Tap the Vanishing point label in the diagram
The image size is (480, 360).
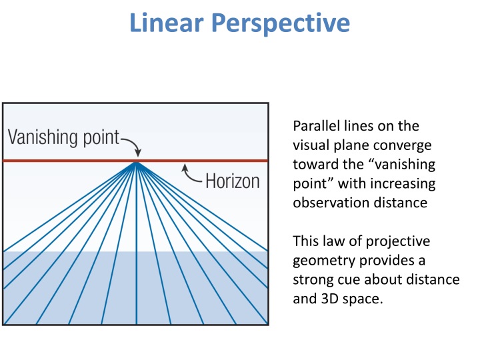[63, 138]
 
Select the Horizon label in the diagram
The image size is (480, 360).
[233, 181]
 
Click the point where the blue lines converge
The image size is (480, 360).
[136, 162]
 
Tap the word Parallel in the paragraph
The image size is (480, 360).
[313, 126]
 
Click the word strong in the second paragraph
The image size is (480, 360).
[310, 279]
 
